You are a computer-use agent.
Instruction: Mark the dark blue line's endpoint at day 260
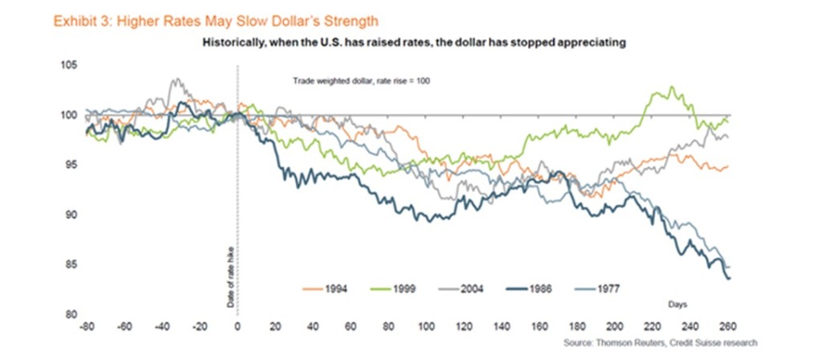point(728,278)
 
